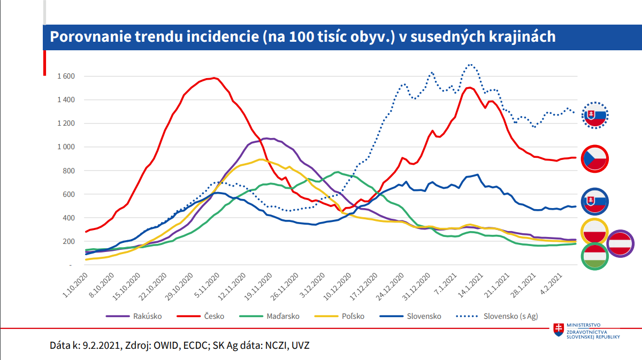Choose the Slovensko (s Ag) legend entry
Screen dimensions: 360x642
[x=510, y=316]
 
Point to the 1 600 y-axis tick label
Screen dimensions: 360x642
[x=66, y=76]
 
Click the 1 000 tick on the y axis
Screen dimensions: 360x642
[x=66, y=147]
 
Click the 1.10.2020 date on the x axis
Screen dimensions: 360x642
[x=74, y=288]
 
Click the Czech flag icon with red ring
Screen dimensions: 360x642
[x=594, y=159]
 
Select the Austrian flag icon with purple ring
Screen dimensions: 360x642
[x=621, y=244]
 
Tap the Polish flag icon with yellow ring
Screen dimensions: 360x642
[x=594, y=232]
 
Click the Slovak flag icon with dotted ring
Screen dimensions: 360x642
[x=595, y=115]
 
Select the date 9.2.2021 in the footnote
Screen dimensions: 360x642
[x=101, y=346]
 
